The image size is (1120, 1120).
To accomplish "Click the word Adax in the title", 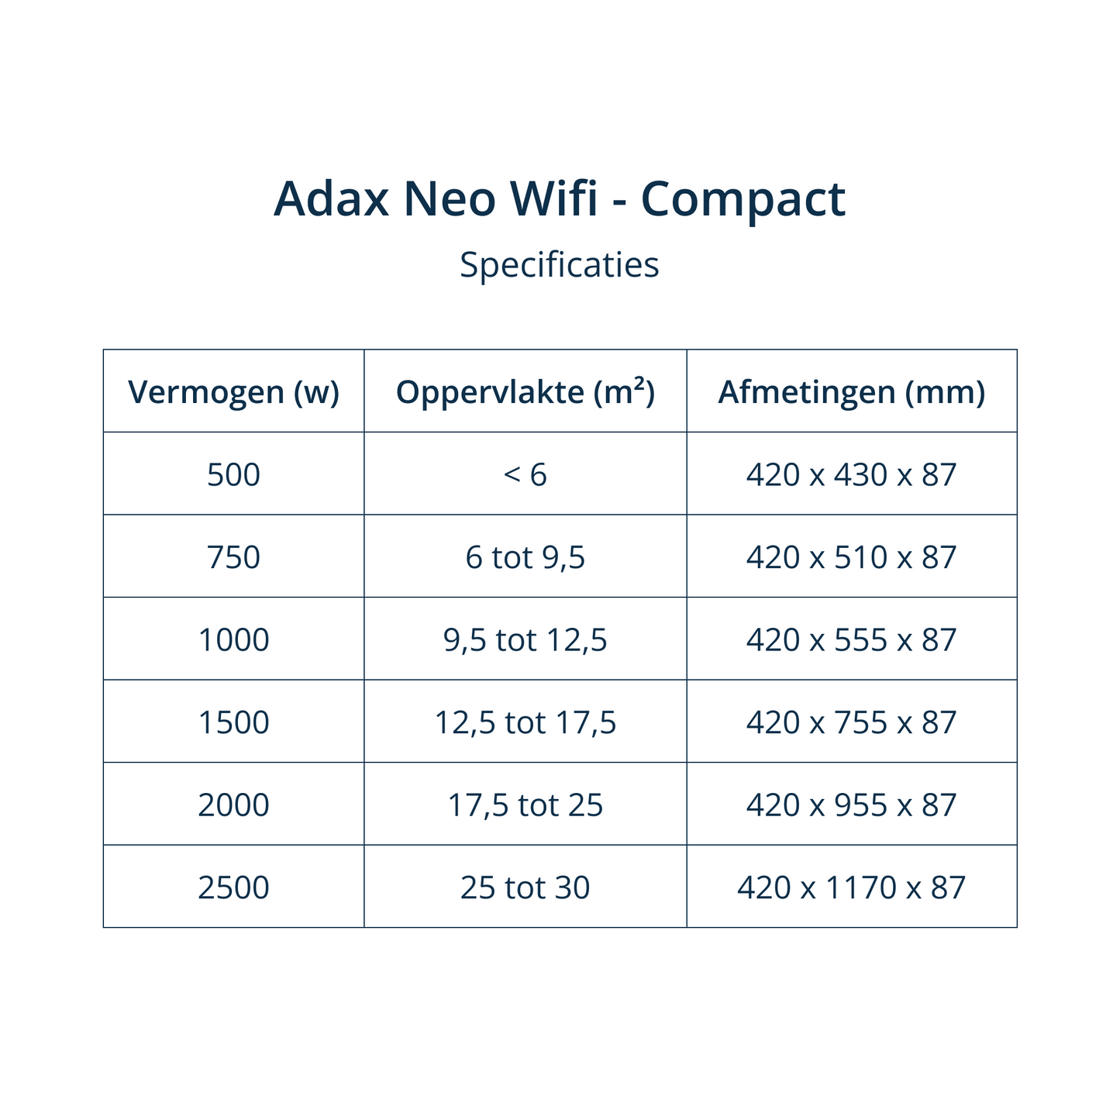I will pos(331,199).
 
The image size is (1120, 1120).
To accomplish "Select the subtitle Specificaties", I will pos(560,265).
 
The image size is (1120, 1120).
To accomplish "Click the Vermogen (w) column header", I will pos(233,392).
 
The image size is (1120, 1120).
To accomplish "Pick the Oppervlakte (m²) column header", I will pos(526,392).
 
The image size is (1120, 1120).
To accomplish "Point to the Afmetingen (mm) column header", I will pos(851,392).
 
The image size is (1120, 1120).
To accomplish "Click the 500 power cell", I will pos(233,474).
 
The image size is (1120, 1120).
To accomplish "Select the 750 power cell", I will pos(233,557).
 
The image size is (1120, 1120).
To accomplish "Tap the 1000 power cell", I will pos(233,640).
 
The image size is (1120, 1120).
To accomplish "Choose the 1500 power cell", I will pos(233,722).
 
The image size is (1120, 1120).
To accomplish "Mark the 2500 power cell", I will pos(233,887).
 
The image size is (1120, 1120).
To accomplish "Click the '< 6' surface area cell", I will pos(526,474).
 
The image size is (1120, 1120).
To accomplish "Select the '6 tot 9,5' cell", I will pos(526,557).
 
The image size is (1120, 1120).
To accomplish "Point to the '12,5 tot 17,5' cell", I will pos(526,722).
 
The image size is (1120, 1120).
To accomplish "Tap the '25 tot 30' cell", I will pos(526,887).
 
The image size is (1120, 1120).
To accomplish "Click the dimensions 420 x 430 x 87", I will pos(851,474).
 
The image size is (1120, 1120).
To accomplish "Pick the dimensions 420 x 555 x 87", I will pos(851,640).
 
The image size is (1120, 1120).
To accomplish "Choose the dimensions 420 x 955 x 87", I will pos(851,805).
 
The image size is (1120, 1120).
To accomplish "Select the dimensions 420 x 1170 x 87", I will pos(851,887).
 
